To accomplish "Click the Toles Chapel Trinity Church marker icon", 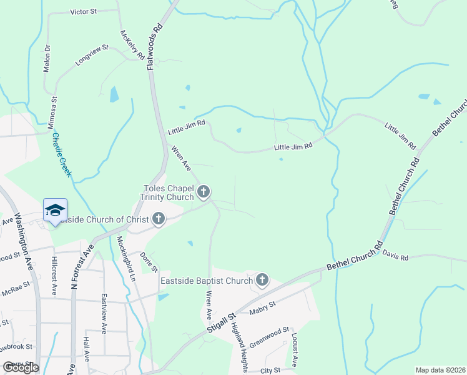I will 204,191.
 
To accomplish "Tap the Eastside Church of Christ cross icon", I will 159,219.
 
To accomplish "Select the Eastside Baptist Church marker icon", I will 262,280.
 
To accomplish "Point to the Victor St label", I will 84,12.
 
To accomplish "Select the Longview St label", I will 92,55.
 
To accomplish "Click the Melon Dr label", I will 47,58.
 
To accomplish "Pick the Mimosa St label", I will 52,112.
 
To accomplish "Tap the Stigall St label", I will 222,326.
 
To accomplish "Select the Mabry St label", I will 263,306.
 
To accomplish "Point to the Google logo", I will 20,367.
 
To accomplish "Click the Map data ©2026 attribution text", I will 440,369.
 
